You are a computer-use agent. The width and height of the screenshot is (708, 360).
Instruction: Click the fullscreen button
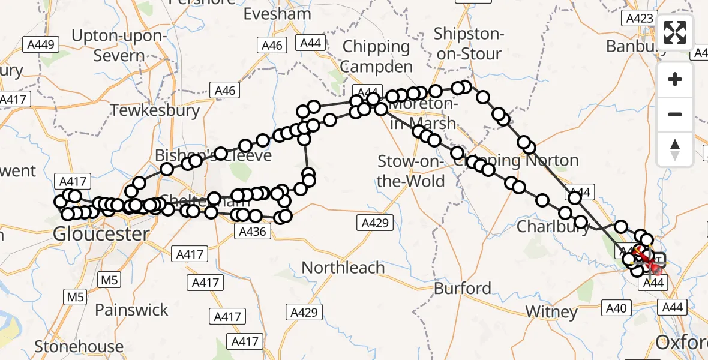[x=675, y=32]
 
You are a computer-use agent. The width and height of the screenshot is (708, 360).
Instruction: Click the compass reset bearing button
[x=675, y=148]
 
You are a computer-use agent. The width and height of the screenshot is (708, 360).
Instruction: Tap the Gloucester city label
[x=101, y=233]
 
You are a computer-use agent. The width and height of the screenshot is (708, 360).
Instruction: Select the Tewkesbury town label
[x=155, y=110]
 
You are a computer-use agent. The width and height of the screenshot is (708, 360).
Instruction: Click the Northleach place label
[x=343, y=267]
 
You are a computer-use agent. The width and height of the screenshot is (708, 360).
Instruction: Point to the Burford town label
[x=463, y=288]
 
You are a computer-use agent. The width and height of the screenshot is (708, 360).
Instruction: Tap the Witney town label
[x=551, y=311]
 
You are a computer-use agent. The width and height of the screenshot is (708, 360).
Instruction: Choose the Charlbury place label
[x=553, y=227]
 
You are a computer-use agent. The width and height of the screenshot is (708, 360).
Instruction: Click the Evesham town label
[x=278, y=14]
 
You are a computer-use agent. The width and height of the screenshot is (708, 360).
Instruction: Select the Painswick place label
[x=131, y=310]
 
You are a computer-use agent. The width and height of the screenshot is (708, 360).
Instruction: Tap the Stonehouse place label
[x=79, y=346]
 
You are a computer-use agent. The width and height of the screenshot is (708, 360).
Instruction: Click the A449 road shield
[x=41, y=44]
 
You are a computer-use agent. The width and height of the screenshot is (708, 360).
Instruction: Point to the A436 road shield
[x=252, y=231]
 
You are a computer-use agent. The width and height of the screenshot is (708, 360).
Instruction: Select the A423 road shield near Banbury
[x=639, y=18]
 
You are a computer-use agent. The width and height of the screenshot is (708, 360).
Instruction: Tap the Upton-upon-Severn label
[x=118, y=46]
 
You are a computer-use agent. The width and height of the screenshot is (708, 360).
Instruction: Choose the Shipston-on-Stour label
[x=467, y=43]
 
